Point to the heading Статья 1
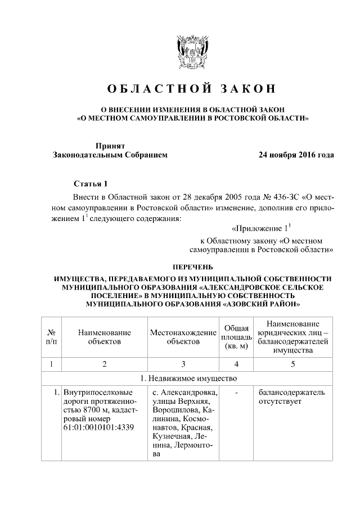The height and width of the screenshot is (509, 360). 90,184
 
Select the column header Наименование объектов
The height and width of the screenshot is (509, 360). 105,337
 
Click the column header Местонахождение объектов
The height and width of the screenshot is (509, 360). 183,337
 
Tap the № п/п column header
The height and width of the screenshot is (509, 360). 51,337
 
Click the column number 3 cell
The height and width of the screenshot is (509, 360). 183,364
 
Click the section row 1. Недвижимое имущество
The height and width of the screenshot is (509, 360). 188,377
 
